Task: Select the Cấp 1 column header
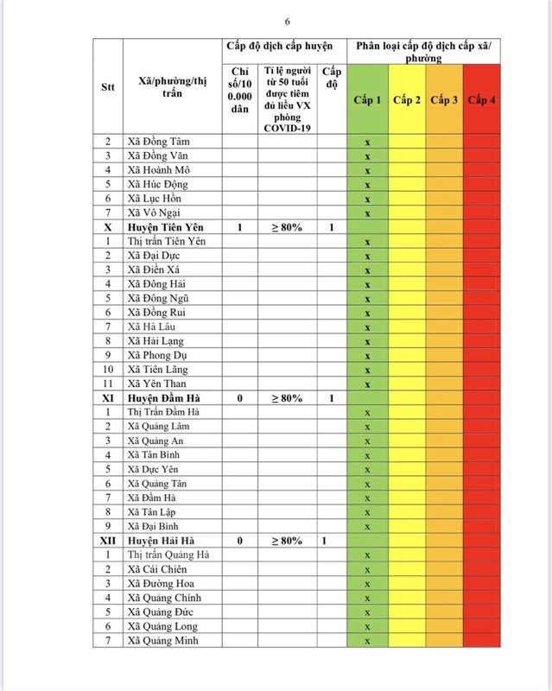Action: (x=367, y=101)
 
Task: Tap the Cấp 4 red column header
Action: (x=481, y=101)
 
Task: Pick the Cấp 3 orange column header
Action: (x=444, y=101)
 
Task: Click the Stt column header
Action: (x=107, y=87)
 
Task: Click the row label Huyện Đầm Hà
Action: (x=165, y=398)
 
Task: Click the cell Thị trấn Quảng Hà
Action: (x=168, y=555)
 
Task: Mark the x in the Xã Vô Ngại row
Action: (x=367, y=213)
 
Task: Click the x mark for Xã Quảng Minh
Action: (x=367, y=641)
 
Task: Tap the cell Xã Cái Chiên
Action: (x=156, y=569)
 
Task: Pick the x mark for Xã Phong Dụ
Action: (x=367, y=355)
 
